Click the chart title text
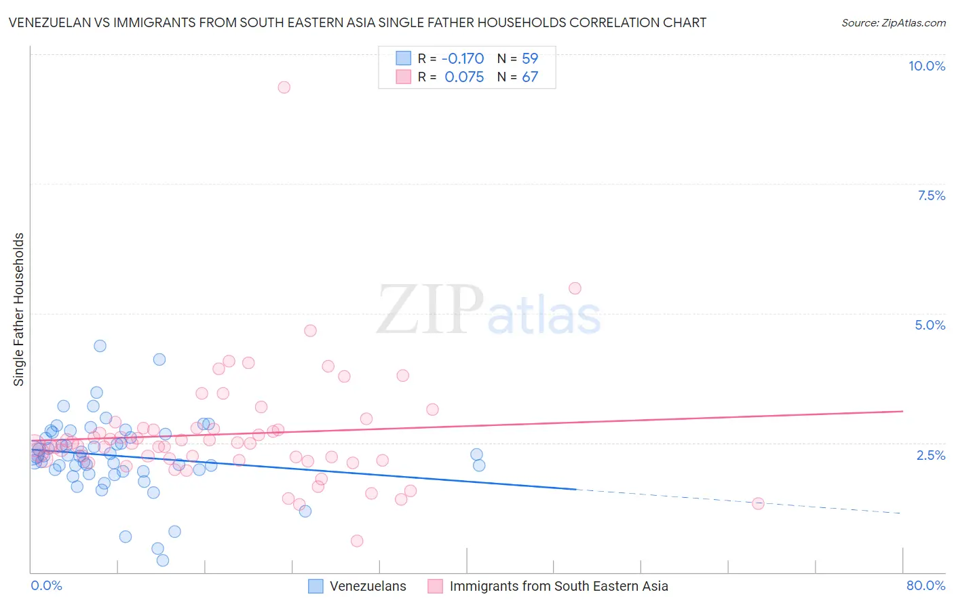357,22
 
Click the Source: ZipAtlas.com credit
893,22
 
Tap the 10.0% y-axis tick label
926,66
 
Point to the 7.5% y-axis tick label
931,195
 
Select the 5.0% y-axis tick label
930,325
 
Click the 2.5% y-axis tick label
930,455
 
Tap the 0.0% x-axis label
46,585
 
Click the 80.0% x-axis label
926,585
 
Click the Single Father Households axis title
18,309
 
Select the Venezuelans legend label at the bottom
368,586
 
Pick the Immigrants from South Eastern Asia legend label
558,586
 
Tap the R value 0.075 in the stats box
464,77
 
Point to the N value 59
530,58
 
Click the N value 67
530,77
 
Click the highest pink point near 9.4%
284,87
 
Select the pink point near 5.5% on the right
575,288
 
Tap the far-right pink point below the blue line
758,503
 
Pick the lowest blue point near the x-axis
163,560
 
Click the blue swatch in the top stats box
403,58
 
